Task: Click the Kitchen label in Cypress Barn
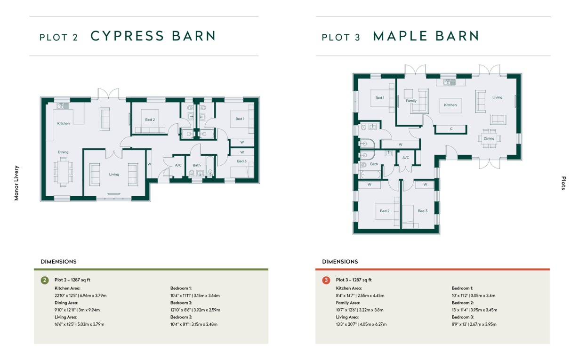64,123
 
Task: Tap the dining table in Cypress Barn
63,172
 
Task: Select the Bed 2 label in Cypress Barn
150,120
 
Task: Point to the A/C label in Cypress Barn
178,165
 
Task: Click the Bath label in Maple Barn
374,164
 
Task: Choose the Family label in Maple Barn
411,101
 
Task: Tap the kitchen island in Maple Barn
450,105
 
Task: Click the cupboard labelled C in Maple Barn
451,129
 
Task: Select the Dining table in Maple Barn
489,138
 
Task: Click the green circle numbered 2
45,280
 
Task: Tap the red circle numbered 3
326,280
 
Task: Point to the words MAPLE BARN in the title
426,36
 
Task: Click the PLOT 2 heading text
58,38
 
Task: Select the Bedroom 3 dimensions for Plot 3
474,324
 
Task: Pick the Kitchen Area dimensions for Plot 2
80,296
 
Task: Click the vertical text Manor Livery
16,183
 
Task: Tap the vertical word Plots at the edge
564,183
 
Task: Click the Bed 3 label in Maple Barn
423,211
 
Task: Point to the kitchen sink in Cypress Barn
63,106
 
